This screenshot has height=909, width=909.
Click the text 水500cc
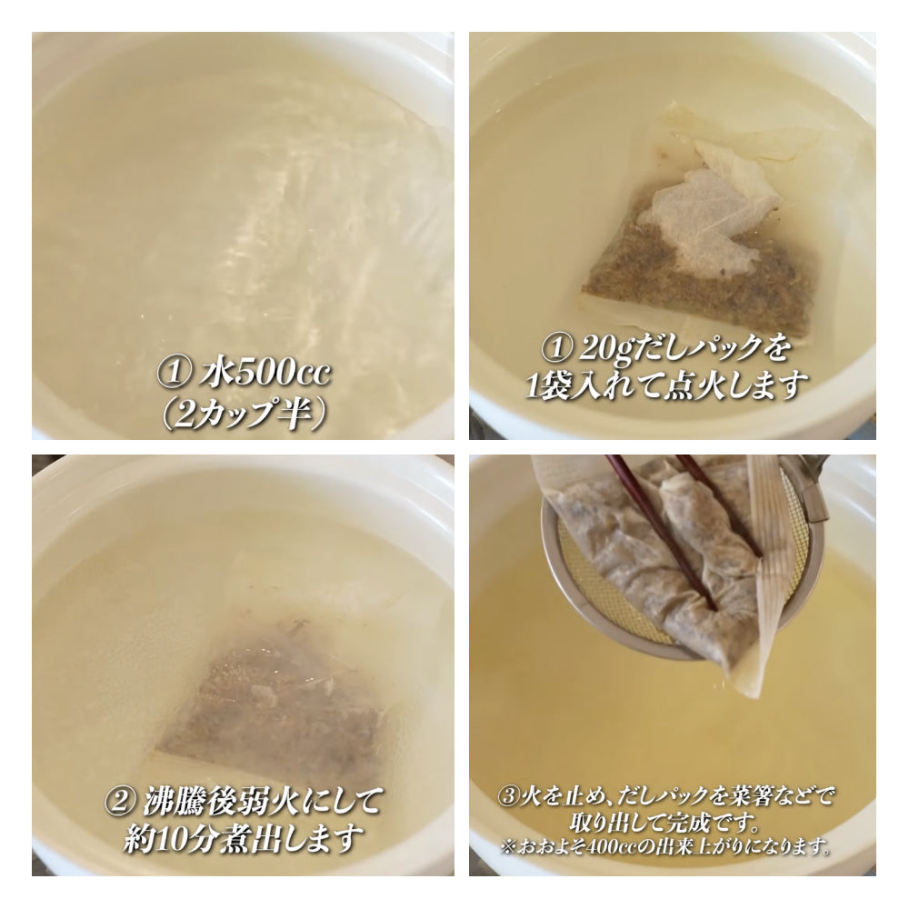[265, 373]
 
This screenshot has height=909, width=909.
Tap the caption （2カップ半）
[243, 414]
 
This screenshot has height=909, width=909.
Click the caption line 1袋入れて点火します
[666, 385]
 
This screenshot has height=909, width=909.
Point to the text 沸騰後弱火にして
[262, 801]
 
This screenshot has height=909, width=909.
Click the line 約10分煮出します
[244, 838]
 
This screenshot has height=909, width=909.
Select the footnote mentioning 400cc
[664, 847]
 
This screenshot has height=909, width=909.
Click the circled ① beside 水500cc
[173, 374]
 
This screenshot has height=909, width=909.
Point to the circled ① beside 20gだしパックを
[556, 348]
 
